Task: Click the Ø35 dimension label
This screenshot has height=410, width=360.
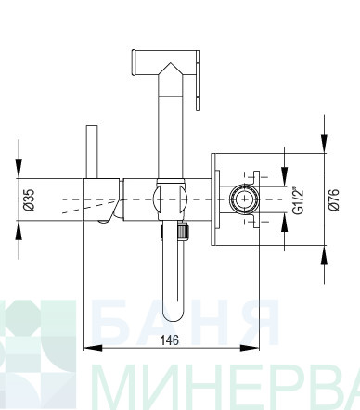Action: [x=31, y=199]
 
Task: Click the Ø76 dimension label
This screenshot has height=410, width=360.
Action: [x=334, y=199]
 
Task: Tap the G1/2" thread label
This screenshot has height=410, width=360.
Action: [x=298, y=200]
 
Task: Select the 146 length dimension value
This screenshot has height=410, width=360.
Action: [x=170, y=340]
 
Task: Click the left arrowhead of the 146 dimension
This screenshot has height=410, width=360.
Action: [x=93, y=348]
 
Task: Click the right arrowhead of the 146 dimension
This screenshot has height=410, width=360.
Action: [x=250, y=348]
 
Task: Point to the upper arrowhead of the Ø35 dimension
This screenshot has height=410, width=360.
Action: [x=19, y=168]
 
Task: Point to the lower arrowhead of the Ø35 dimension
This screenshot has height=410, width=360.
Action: [x=19, y=231]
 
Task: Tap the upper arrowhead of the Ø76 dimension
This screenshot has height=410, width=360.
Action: [x=324, y=143]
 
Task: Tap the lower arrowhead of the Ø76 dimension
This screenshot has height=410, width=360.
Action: [x=324, y=255]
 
